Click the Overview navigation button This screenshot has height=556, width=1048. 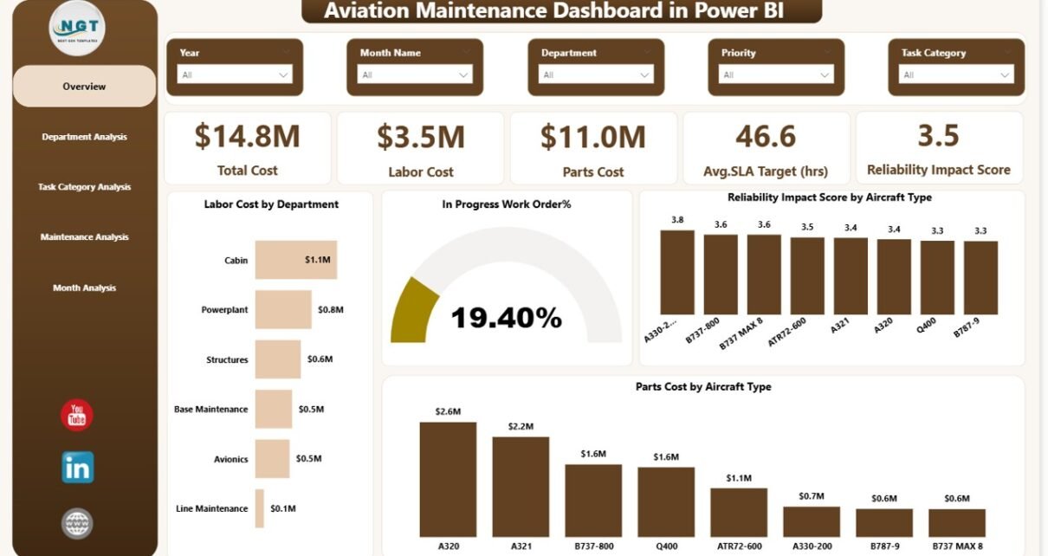tap(84, 87)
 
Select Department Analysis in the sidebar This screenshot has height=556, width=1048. tap(84, 137)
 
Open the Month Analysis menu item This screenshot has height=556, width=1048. tap(84, 288)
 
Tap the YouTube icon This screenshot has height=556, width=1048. tap(77, 416)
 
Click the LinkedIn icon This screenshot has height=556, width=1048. tap(78, 468)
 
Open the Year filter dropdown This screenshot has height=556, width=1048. tap(235, 75)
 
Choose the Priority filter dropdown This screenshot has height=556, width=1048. tap(776, 75)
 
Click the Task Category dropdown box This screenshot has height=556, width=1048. tap(956, 75)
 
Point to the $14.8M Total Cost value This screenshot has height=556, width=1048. tap(247, 137)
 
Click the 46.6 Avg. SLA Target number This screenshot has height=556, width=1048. tap(766, 137)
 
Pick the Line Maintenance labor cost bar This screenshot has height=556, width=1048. tap(259, 509)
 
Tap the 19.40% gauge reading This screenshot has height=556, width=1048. tap(507, 318)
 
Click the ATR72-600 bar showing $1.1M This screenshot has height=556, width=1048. tap(739, 512)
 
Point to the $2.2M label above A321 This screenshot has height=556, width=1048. tap(521, 427)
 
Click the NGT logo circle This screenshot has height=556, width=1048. tap(77, 29)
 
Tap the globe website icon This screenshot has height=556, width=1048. tap(77, 523)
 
